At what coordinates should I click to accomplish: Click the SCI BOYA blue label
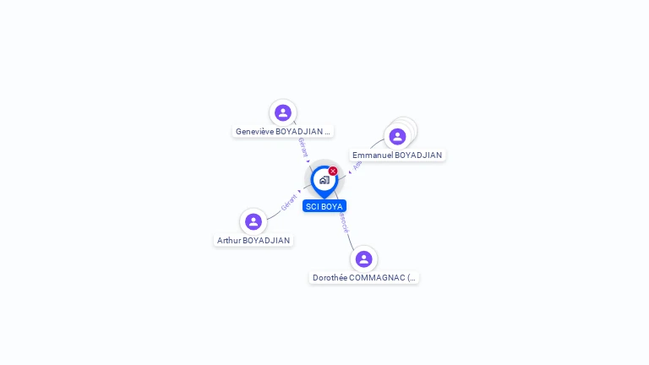(x=324, y=206)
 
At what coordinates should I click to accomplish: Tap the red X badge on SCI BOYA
(x=333, y=172)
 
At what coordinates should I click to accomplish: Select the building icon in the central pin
(x=324, y=180)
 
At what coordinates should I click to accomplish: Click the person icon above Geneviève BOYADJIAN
(x=283, y=112)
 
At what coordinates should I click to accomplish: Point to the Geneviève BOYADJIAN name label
(x=282, y=132)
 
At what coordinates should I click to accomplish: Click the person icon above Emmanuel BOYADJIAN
(x=397, y=136)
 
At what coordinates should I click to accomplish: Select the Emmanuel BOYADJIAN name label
(x=397, y=155)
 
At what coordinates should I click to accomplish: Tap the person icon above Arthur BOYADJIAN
(x=254, y=221)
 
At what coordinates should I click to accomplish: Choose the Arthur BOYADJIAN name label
(x=254, y=241)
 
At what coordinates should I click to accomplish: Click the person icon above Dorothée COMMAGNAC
(x=364, y=259)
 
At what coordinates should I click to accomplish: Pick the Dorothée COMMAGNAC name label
(x=364, y=278)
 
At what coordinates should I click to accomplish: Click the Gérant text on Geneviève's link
(x=302, y=147)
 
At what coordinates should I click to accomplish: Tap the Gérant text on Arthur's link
(x=289, y=203)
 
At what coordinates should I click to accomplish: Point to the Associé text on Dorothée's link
(x=343, y=222)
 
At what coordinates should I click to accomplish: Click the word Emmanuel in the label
(x=373, y=155)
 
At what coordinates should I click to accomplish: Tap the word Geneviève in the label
(x=255, y=132)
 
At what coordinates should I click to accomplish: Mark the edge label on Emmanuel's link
(x=357, y=165)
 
